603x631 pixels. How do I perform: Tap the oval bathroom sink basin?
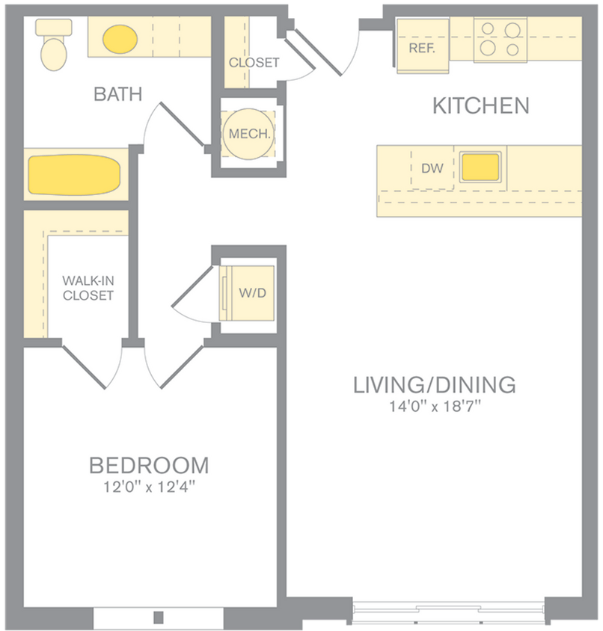[120, 40]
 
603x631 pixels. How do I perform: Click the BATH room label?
[117, 94]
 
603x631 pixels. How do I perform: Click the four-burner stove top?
[500, 39]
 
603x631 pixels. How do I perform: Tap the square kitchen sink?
[480, 167]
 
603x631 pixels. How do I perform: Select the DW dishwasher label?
[432, 168]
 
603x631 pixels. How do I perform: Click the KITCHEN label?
[480, 106]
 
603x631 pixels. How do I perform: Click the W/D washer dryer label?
[252, 292]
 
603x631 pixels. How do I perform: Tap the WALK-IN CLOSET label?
[88, 288]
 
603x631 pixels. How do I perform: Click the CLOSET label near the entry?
[254, 63]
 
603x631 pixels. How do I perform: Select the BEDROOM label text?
[149, 466]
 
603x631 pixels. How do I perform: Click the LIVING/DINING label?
[434, 385]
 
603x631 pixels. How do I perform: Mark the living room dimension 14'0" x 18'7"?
[434, 407]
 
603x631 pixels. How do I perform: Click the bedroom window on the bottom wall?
[158, 618]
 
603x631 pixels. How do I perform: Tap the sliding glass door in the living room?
[448, 609]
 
